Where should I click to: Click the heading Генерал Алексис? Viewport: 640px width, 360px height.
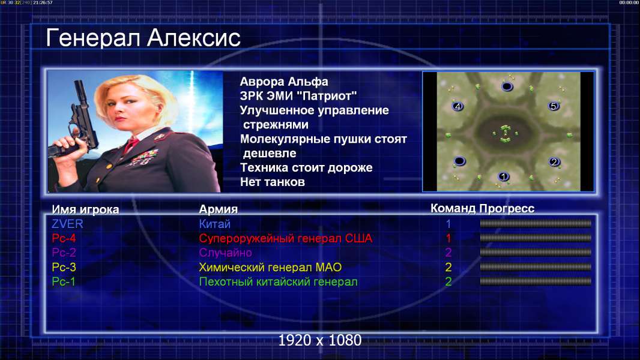[143, 38]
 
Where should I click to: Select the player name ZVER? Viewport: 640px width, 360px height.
[67, 224]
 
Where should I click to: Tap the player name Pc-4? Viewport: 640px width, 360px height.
[64, 238]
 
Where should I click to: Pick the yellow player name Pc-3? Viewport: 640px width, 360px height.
[64, 267]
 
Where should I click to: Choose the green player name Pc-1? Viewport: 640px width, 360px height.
[64, 281]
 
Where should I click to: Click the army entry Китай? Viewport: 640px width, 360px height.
[215, 224]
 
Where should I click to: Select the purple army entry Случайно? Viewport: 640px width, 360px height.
[225, 253]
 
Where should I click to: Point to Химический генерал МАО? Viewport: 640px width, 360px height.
[270, 268]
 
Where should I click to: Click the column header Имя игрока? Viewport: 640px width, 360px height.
[85, 209]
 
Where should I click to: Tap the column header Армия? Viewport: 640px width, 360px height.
[219, 209]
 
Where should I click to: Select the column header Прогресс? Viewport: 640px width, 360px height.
[507, 208]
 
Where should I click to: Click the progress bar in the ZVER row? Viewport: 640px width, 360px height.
[536, 223]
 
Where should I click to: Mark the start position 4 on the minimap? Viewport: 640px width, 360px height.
[457, 106]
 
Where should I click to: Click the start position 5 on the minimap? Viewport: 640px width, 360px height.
[553, 106]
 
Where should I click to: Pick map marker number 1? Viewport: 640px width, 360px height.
[504, 176]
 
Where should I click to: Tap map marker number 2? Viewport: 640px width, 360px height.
[554, 162]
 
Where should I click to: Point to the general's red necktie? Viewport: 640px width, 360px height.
[131, 145]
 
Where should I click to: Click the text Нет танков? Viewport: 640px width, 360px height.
[272, 182]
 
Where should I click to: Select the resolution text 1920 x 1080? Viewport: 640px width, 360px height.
[320, 340]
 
